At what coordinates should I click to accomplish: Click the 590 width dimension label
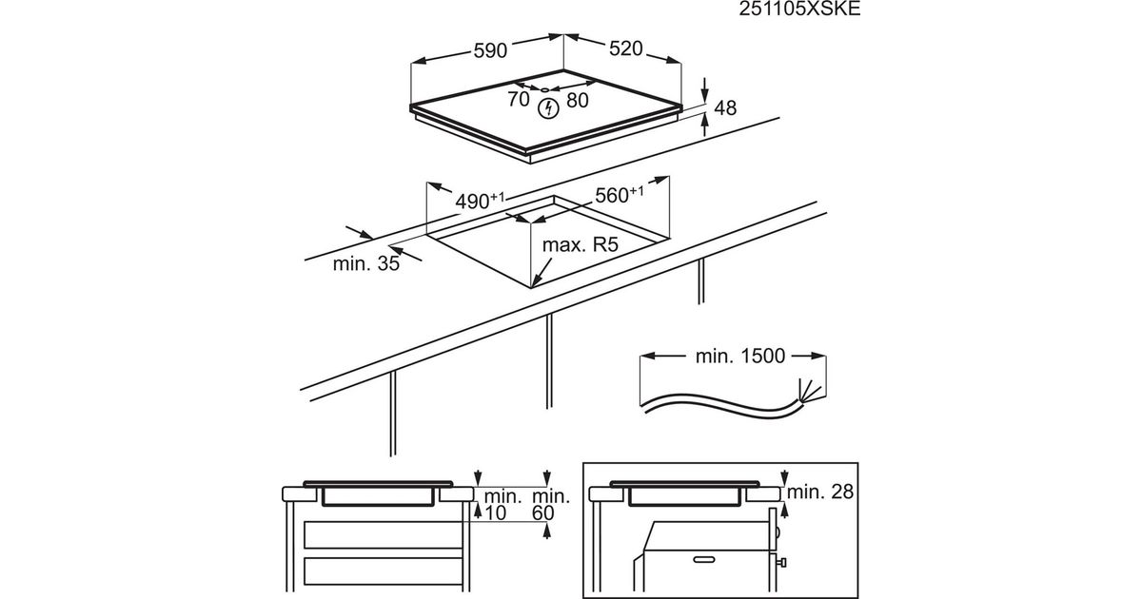pos(490,50)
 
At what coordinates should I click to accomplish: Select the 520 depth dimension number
pos(625,48)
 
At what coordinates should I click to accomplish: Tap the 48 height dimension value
pos(725,108)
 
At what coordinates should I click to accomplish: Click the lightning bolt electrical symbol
pos(548,108)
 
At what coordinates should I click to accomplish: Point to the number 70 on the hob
pos(519,99)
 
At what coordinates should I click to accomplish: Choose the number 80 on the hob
pos(577,101)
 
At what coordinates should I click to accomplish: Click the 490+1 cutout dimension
pos(480,201)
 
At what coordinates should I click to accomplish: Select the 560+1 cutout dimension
pos(619,195)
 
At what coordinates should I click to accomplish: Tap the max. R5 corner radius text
pos(581,245)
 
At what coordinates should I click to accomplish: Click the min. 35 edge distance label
pos(366,263)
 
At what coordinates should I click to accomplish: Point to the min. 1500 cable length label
pos(740,356)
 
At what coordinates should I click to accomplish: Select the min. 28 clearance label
pos(819,492)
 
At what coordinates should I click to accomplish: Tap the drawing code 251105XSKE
pos(799,10)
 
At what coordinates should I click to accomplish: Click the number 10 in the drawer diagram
pos(495,512)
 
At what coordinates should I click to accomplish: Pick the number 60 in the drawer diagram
pos(542,512)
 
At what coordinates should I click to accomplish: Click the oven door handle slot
pos(704,559)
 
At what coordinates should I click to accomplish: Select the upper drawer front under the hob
pos(383,534)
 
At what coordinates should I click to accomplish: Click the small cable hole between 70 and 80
pos(545,90)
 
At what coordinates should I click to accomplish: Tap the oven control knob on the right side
pos(780,562)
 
